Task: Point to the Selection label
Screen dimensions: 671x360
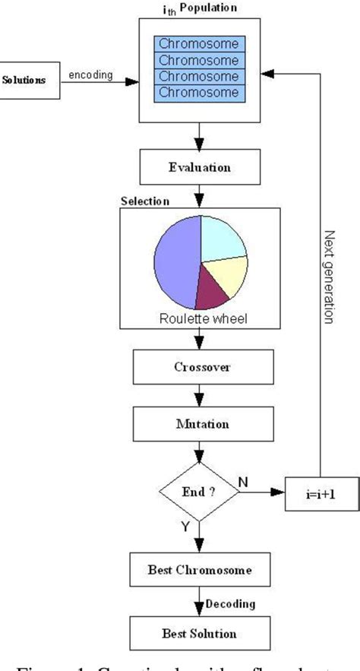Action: click(145, 201)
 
